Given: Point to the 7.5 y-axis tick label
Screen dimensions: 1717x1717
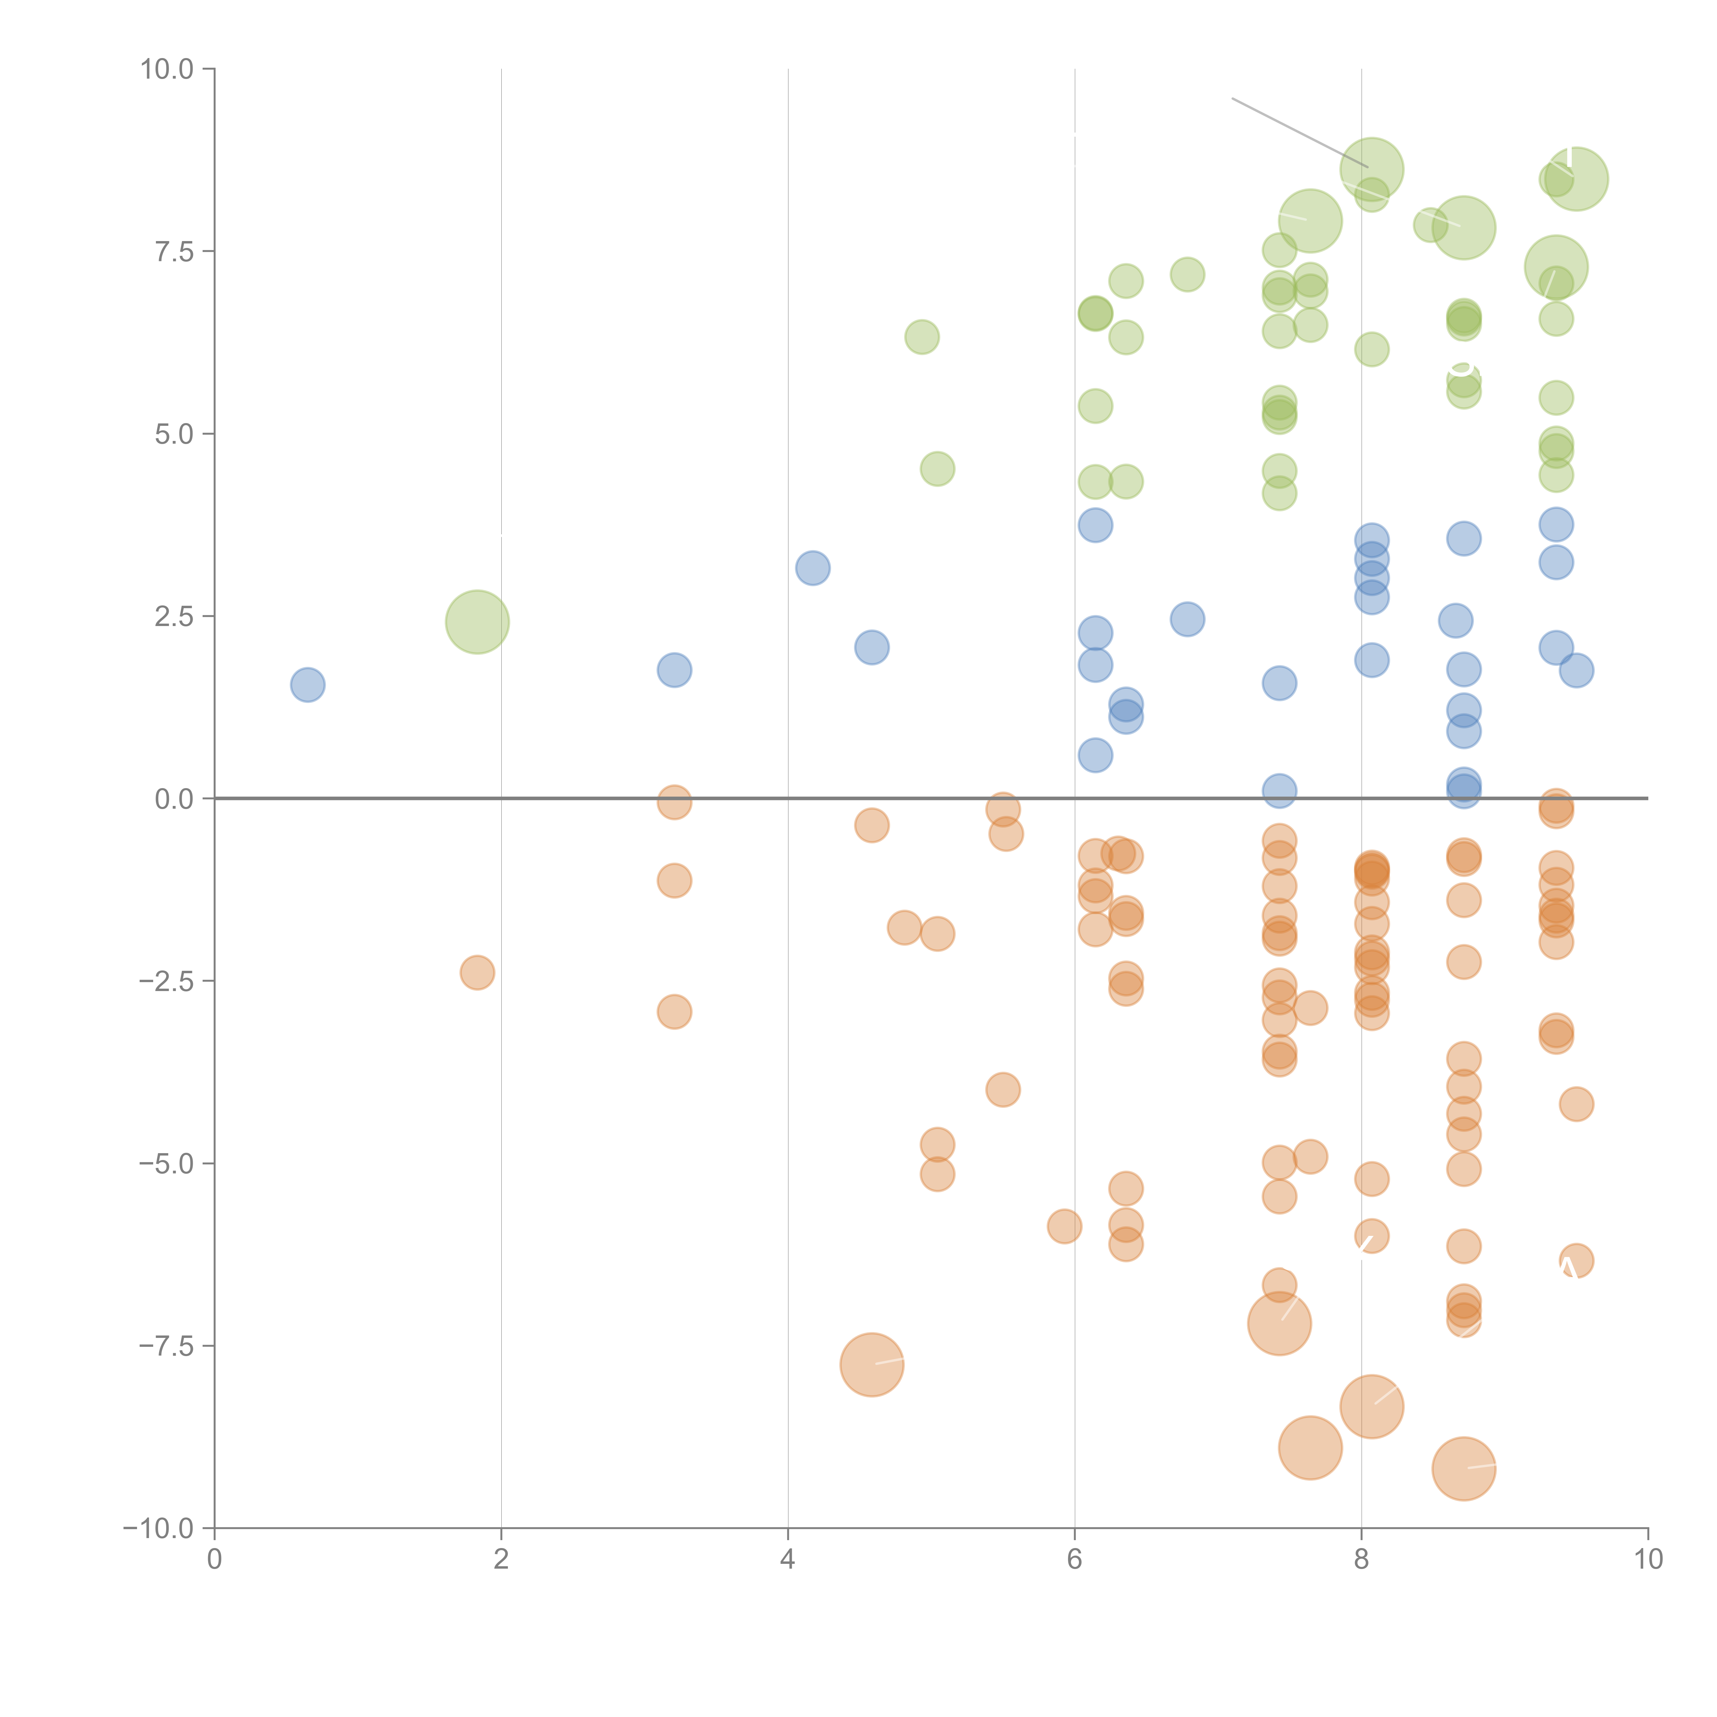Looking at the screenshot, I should [173, 251].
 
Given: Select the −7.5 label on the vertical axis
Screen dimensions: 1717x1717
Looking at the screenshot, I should [166, 1345].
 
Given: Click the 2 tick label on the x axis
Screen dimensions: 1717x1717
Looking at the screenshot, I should [501, 1560].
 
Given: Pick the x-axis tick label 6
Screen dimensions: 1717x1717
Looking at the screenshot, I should [1074, 1560].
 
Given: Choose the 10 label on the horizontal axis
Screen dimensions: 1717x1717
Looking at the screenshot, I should [1648, 1560].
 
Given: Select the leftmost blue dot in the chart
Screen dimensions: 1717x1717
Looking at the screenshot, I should [307, 684].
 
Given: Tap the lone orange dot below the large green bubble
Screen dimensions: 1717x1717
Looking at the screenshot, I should [477, 972].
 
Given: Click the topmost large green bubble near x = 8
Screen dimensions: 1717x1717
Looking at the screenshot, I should [1371, 169].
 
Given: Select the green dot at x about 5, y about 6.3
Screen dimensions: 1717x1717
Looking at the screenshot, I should [922, 337].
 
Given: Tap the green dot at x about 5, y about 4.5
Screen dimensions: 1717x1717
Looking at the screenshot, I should [937, 468].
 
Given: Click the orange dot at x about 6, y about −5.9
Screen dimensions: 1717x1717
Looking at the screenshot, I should [1064, 1226].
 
